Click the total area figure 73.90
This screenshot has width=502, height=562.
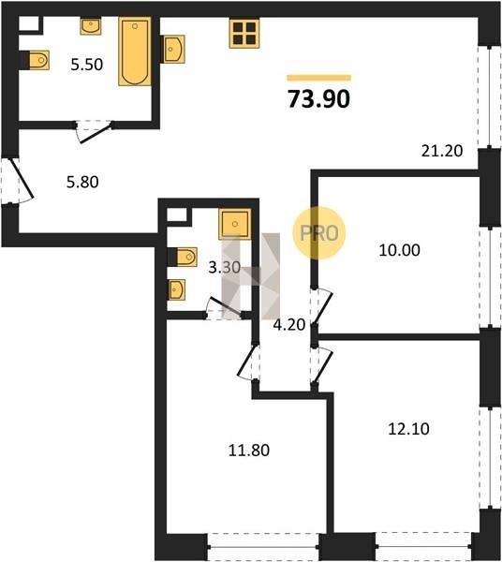(x=318, y=99)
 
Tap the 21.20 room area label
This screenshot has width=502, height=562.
(x=442, y=151)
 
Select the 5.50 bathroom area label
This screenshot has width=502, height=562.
(x=87, y=65)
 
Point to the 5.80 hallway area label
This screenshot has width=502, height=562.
(x=82, y=182)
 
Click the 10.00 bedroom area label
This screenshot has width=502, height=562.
(x=399, y=250)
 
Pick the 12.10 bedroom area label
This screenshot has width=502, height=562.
(x=408, y=429)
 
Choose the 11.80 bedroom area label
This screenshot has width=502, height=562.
(x=249, y=450)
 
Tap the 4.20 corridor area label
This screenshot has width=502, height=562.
(x=288, y=325)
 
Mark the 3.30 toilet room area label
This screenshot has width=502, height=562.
(x=224, y=267)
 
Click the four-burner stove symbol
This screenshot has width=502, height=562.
(x=244, y=33)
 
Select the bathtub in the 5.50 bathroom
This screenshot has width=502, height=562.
(x=135, y=52)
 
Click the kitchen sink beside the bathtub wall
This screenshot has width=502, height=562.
(x=172, y=49)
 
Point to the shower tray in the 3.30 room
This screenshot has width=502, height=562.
(x=235, y=224)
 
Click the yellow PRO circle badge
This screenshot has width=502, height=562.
(x=318, y=233)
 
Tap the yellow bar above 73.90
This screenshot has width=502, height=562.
(x=318, y=78)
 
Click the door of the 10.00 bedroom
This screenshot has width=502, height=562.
(x=322, y=307)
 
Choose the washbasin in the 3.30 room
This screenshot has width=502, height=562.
(x=177, y=289)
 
